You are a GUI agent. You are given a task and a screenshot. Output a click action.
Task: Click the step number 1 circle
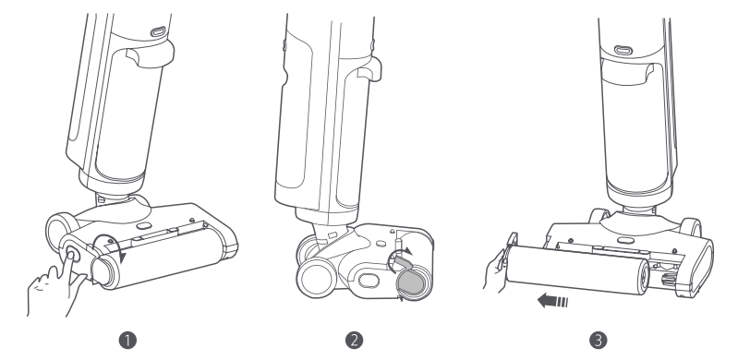127,341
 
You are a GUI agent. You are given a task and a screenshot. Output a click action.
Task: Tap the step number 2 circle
354,341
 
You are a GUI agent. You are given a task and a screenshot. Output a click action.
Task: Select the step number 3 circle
598,341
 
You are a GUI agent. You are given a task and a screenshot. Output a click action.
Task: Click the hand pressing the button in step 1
55,286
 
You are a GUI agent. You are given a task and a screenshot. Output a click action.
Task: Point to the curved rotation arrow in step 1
109,242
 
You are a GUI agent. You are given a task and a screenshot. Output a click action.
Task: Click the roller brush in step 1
159,258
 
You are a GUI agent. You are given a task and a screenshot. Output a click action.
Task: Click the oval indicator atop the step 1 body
158,32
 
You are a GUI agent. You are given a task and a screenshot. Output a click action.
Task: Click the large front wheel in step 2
316,277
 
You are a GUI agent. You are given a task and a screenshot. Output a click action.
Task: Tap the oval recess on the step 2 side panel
369,281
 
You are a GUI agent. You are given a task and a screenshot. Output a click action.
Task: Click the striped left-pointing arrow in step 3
552,301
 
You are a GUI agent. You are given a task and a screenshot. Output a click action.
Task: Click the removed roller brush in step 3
577,270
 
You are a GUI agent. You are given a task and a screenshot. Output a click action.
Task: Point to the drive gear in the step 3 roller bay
667,279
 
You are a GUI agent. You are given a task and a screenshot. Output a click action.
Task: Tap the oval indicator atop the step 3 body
623,50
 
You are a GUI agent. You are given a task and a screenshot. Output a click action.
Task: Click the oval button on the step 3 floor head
625,241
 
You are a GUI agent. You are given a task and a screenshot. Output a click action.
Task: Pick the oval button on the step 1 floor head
143,225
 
